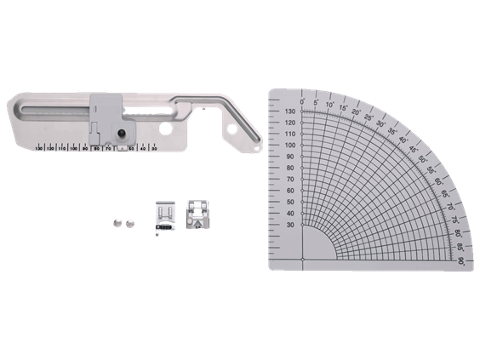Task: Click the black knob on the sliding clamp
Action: click(123, 134)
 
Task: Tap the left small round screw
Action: click(115, 223)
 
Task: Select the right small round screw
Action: click(130, 223)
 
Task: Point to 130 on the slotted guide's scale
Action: click(51, 150)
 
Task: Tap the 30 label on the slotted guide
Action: click(153, 150)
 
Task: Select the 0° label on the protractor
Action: click(303, 100)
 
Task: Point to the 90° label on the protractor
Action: click(460, 261)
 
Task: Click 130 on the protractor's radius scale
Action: click(290, 111)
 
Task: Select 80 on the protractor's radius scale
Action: click(291, 169)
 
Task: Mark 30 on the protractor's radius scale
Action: click(291, 225)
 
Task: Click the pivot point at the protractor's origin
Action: click(303, 259)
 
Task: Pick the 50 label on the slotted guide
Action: click(131, 150)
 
